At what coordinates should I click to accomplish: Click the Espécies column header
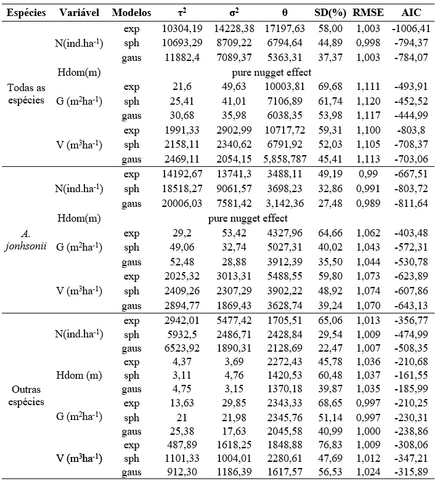pos(27,13)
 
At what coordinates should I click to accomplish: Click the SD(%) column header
pos(333,13)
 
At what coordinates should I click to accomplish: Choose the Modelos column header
pos(131,13)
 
